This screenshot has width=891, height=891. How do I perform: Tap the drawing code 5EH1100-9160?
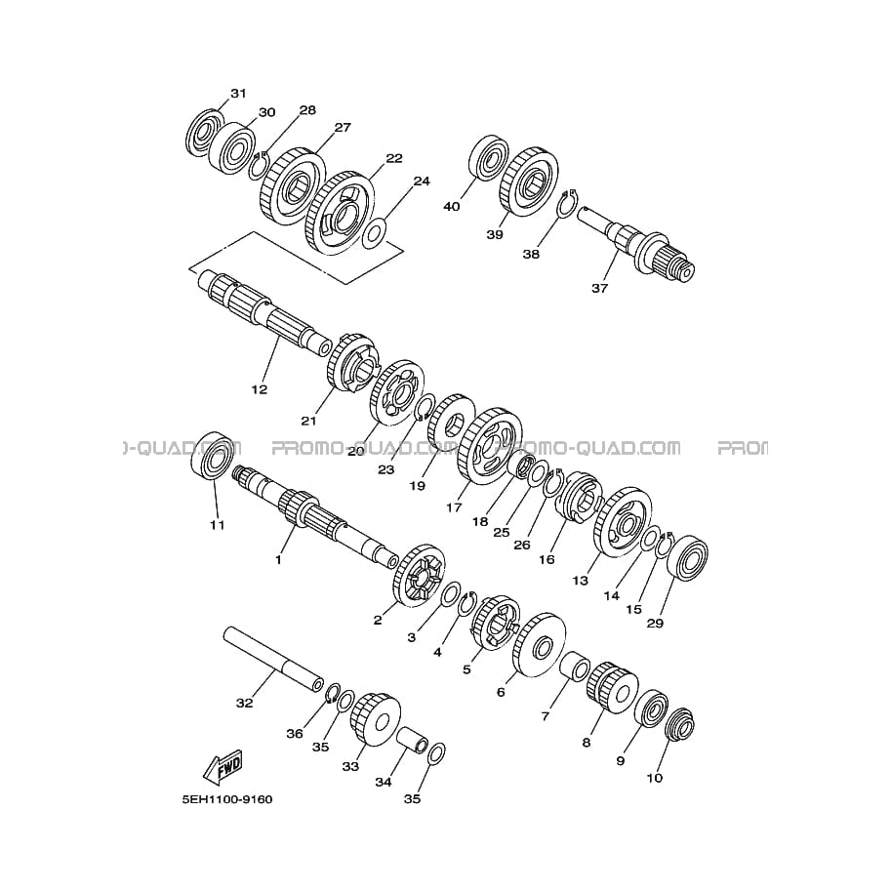(226, 799)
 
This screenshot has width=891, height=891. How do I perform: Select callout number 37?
(599, 288)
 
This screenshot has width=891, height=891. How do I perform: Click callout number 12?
(260, 389)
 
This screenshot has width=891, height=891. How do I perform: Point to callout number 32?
(244, 703)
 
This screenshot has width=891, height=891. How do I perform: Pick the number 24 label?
(422, 182)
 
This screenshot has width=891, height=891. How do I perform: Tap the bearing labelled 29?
(687, 558)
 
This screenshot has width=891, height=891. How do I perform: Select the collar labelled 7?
(575, 667)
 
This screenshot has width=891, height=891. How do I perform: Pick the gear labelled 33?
(376, 719)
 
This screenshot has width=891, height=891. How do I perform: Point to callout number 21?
(308, 421)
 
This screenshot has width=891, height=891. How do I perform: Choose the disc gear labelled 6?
(540, 645)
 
